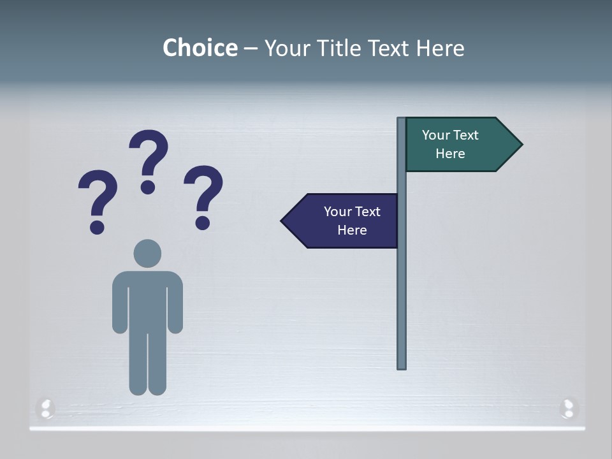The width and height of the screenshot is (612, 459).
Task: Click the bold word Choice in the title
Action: click(x=200, y=48)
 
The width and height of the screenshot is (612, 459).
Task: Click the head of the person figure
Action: click(x=147, y=253)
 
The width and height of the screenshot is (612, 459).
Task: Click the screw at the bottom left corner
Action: click(x=46, y=408)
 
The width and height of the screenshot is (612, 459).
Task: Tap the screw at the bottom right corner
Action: click(x=568, y=407)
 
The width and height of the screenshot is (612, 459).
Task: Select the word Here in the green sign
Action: click(x=450, y=154)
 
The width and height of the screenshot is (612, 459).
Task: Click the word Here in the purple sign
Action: click(x=352, y=230)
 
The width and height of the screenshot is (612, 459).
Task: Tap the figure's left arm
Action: click(x=119, y=303)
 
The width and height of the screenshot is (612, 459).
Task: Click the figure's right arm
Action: click(x=175, y=303)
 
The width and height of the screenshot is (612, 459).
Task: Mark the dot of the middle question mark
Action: click(x=148, y=187)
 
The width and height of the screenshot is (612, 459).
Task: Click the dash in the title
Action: click(x=251, y=48)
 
